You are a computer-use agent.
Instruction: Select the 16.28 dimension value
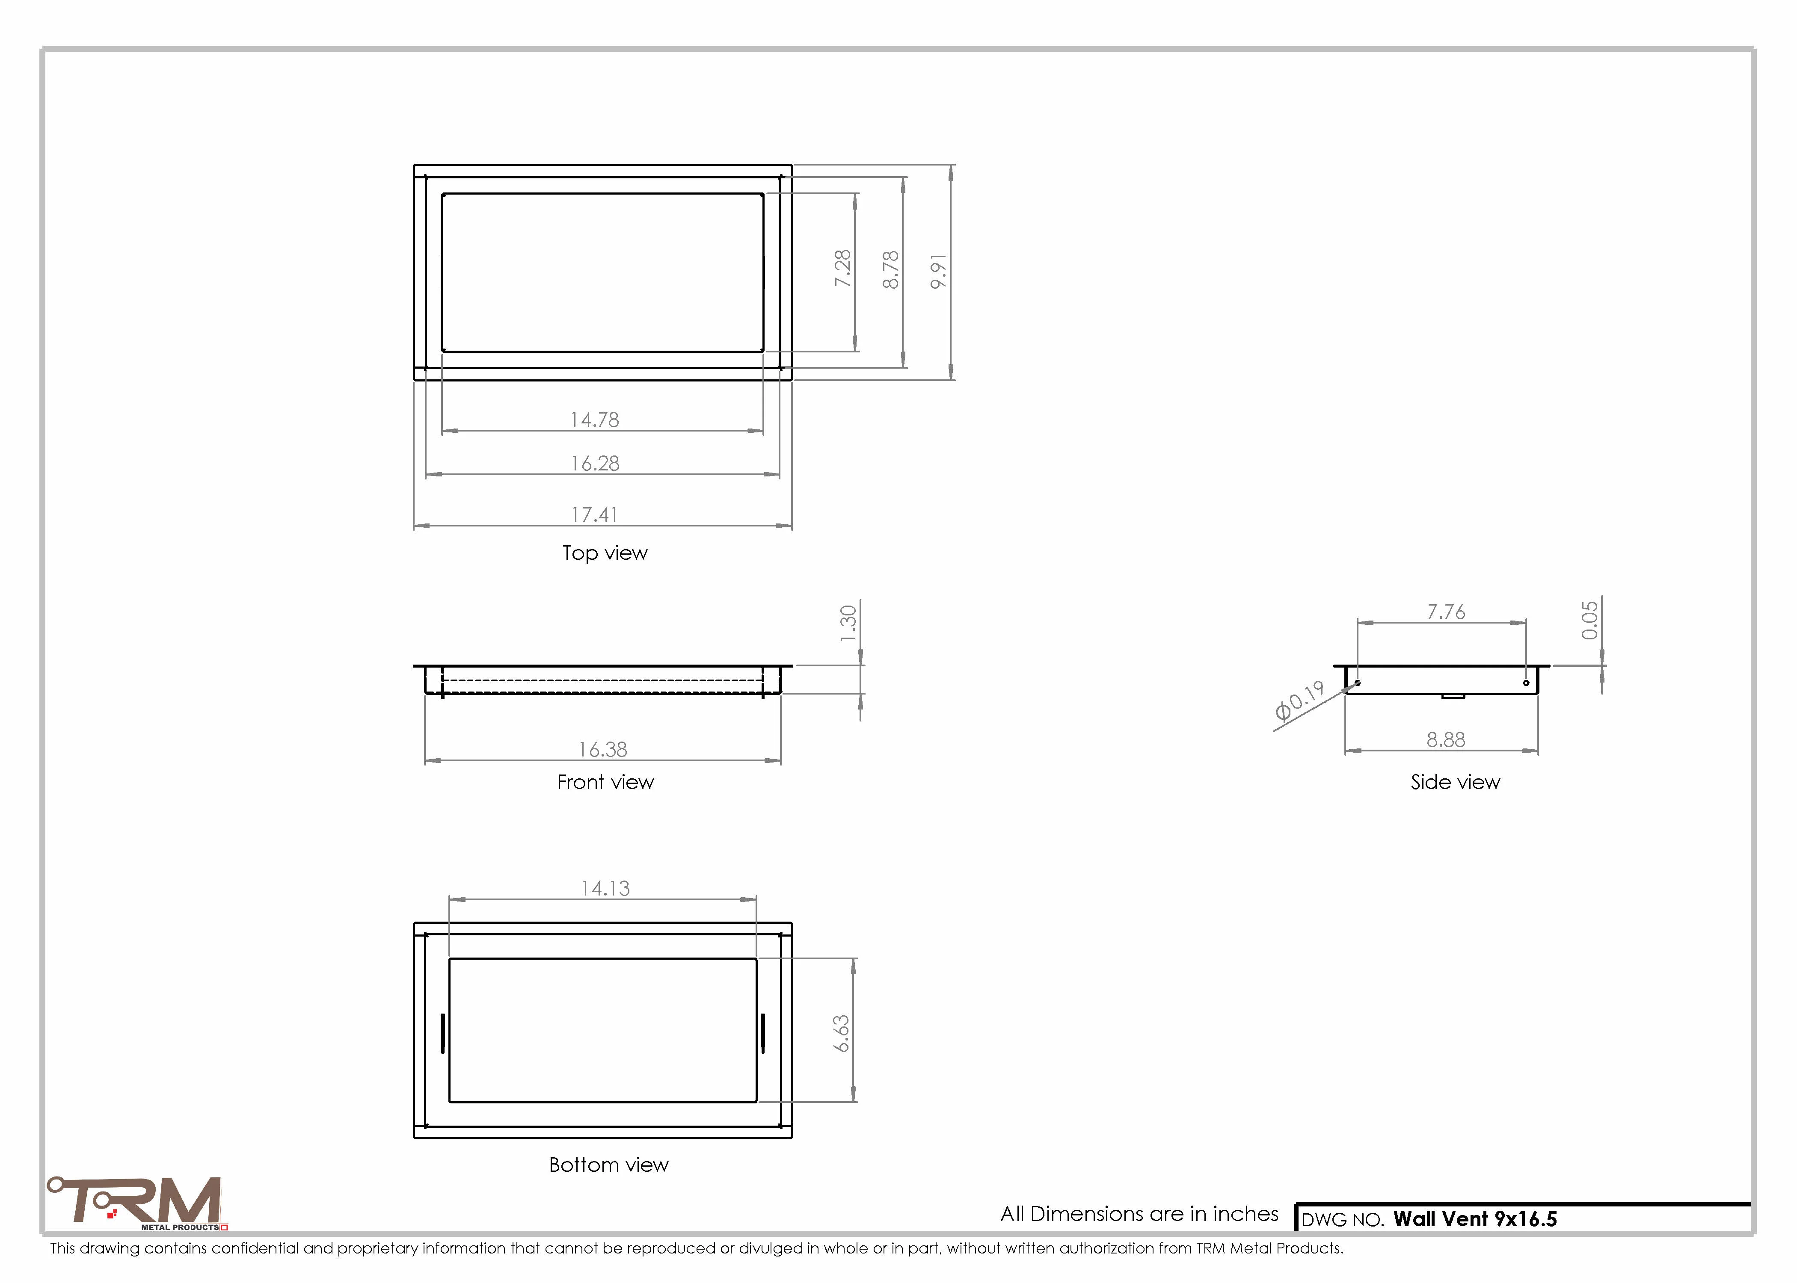tap(595, 463)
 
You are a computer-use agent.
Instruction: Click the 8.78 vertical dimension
tap(891, 269)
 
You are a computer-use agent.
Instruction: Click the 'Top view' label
tap(605, 553)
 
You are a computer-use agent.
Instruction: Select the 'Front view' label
tap(605, 782)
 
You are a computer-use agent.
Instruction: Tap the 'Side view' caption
tap(1455, 782)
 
